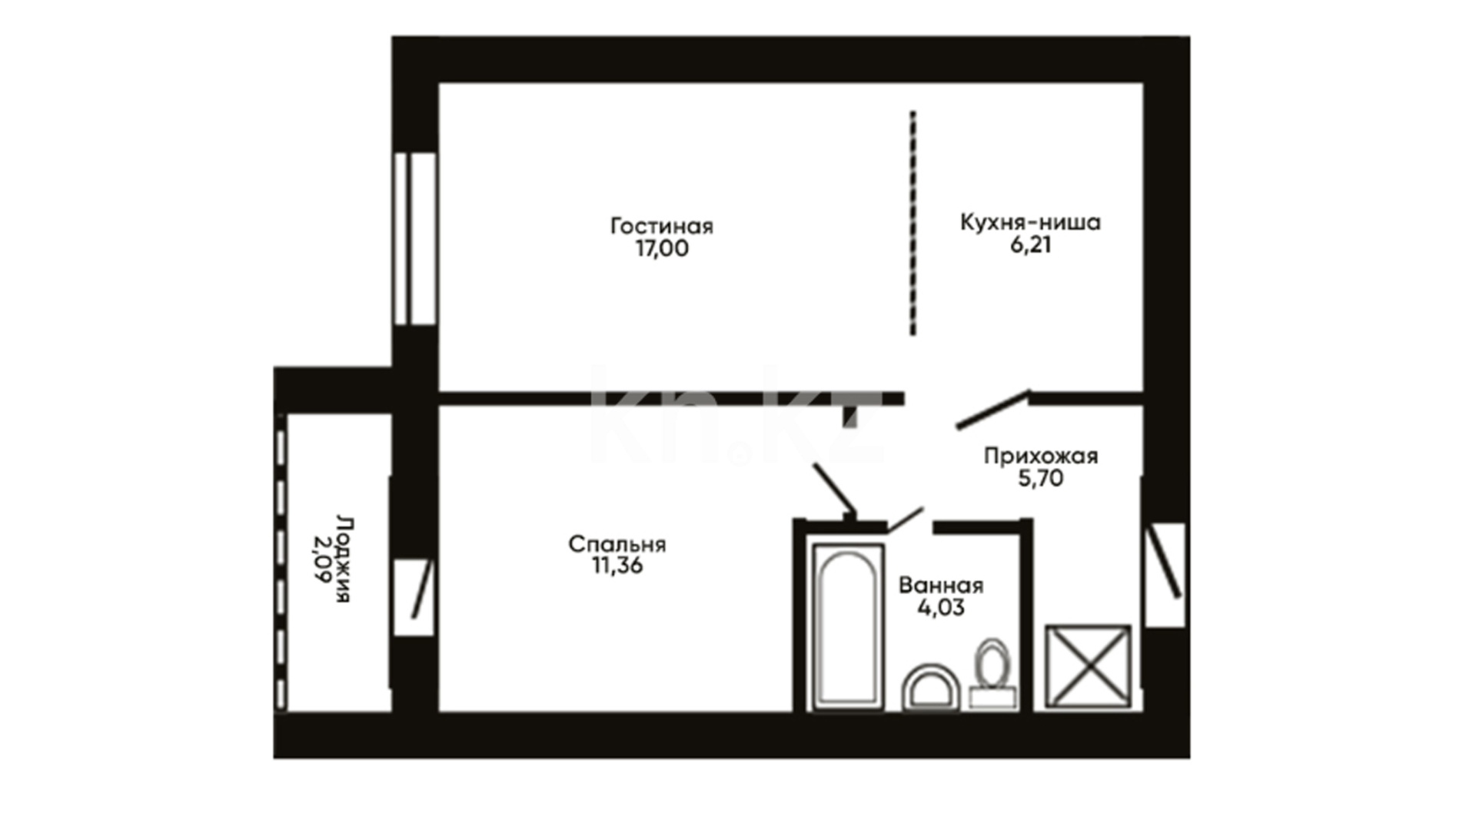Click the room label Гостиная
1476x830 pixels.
[662, 227]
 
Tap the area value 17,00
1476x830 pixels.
[662, 249]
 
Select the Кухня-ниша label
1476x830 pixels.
[1030, 222]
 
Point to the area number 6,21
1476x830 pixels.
[1030, 245]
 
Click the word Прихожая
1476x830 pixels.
[1041, 456]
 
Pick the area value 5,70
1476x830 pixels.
[1041, 479]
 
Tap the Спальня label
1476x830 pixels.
[617, 545]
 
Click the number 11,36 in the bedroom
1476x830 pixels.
[617, 566]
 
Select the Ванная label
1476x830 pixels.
[941, 586]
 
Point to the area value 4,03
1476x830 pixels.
[941, 608]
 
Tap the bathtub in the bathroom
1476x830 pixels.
[849, 626]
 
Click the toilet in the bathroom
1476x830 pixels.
[992, 673]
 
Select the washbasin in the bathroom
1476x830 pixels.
[931, 687]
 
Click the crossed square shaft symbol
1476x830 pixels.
[1088, 666]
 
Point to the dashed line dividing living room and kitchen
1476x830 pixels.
[913, 224]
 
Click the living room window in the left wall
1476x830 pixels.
[415, 239]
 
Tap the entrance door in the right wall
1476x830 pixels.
[1165, 573]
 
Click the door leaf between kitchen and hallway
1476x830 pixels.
[993, 409]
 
